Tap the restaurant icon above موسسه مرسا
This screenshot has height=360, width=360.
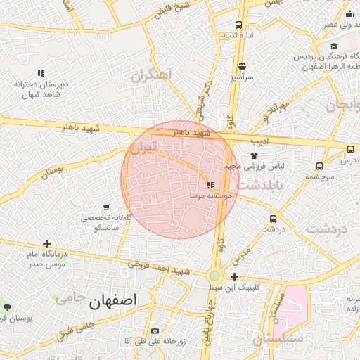(x=210, y=185)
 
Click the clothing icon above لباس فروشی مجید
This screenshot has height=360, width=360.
(x=254, y=155)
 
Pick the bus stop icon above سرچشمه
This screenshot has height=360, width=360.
(x=320, y=167)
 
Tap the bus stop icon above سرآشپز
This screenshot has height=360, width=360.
(x=242, y=66)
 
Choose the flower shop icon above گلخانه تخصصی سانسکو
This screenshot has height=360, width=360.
(x=106, y=208)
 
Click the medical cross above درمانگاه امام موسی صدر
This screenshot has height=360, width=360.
(x=46, y=243)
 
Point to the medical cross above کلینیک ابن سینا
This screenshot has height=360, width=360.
(x=234, y=277)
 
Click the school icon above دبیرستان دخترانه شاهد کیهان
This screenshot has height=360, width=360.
(x=41, y=73)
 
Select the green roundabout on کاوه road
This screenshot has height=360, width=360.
(x=214, y=276)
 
